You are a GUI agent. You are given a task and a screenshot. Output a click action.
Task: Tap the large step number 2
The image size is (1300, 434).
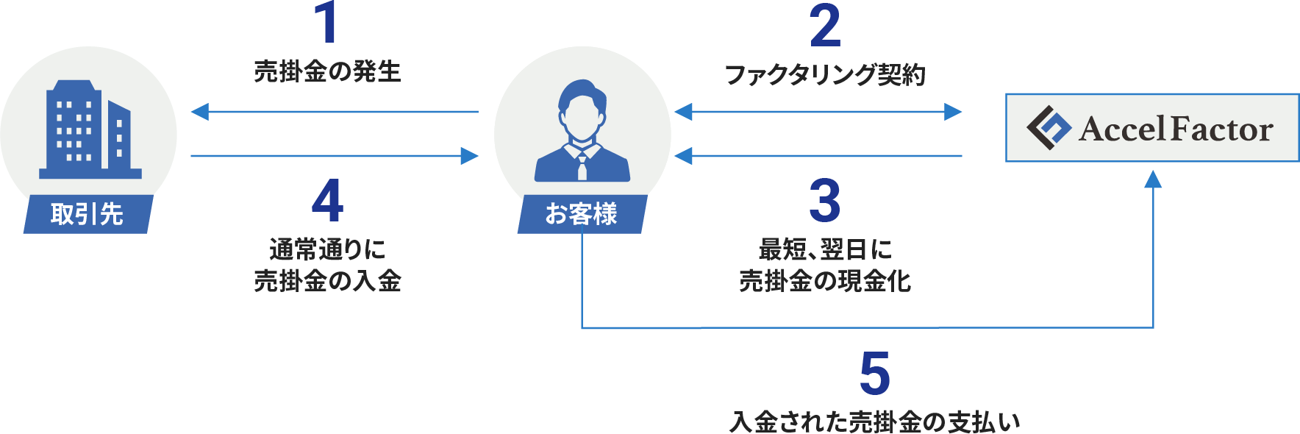[x=825, y=26]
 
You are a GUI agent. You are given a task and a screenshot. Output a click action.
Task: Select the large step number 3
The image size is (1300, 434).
[x=825, y=201]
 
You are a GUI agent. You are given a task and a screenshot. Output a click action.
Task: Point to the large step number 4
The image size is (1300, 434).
[x=327, y=201]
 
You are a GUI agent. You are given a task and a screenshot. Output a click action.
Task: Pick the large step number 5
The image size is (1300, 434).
[x=875, y=374]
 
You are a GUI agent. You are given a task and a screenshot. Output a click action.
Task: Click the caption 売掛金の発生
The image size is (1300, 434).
[x=327, y=72]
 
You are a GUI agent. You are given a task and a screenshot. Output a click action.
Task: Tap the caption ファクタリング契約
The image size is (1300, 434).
[x=825, y=74]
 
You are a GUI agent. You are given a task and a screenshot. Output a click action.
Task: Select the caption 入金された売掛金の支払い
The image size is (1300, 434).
[x=875, y=422]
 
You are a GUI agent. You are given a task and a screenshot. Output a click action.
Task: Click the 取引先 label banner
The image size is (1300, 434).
[x=87, y=214]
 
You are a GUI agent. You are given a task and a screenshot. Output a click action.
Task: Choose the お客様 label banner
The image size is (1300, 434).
[x=582, y=214]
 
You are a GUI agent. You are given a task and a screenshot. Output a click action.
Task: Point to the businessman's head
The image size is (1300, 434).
[x=582, y=110]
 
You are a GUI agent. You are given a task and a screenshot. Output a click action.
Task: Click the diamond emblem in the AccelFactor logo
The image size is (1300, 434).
[x=1049, y=128]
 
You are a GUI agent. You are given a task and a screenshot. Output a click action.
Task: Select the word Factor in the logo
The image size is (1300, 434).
[x=1221, y=129]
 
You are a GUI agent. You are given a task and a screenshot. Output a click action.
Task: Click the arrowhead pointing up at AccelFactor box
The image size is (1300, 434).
[x=1153, y=178]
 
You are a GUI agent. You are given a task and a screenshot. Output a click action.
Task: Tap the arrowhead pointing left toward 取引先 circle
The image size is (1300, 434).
[x=199, y=112]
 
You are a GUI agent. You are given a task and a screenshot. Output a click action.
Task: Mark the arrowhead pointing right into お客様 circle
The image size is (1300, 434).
[x=470, y=155]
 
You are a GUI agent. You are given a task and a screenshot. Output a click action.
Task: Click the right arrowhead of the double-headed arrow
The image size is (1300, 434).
[x=954, y=112]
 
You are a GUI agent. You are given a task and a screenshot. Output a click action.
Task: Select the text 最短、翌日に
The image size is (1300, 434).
[x=825, y=249]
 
